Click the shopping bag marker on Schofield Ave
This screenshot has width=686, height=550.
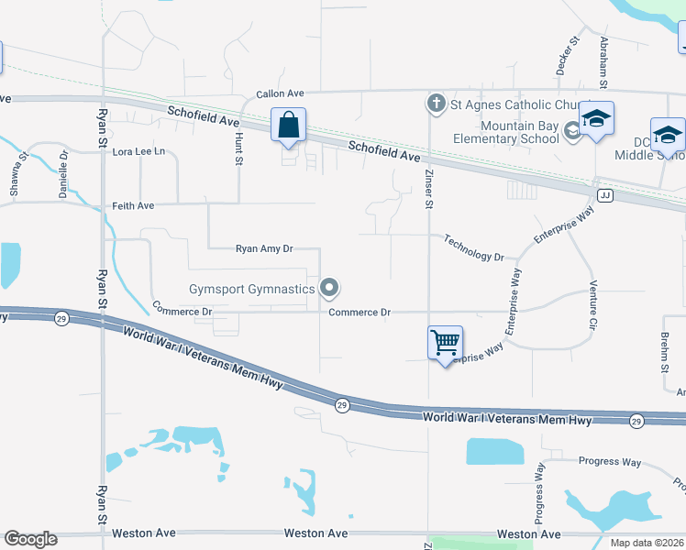(288, 126)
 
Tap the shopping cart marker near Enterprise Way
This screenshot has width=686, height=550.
(445, 344)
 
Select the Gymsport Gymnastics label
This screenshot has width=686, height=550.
(251, 289)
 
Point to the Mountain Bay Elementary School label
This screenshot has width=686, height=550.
(506, 132)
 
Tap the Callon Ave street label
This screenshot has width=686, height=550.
(280, 93)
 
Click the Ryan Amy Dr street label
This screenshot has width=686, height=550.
(264, 248)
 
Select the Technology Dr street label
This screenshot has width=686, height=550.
(473, 248)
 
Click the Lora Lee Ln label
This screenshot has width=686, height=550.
(138, 151)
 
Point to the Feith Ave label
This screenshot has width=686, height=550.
(133, 206)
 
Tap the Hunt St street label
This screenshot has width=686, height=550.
(238, 148)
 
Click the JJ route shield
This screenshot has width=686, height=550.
(604, 195)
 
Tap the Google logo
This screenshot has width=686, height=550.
(30, 539)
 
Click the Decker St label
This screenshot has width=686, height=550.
(575, 55)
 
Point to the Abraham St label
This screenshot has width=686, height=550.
(603, 60)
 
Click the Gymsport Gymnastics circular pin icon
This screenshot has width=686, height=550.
(330, 289)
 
